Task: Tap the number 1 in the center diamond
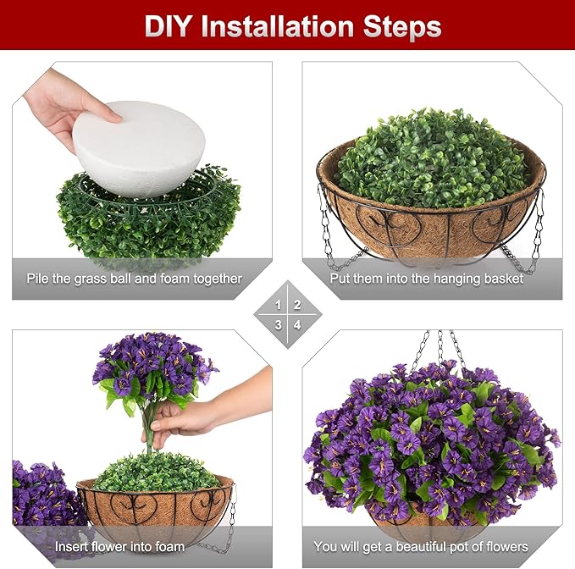279,304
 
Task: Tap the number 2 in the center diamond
297,304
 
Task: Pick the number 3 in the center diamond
279,323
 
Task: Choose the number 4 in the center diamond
297,323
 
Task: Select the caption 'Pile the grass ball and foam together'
146,279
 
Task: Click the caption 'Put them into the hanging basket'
431,279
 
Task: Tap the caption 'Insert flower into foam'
119,546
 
